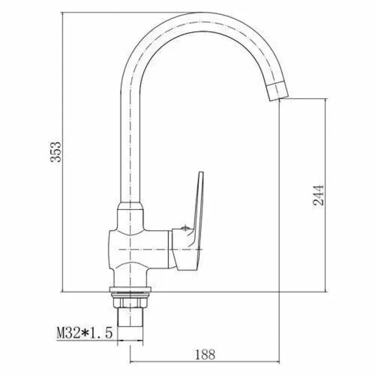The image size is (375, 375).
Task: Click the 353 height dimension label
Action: point(56,152)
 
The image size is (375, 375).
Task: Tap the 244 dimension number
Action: point(319,195)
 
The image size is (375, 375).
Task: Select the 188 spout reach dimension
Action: point(205,355)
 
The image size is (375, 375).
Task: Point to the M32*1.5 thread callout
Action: point(84,333)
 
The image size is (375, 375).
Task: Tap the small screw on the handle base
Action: point(185,228)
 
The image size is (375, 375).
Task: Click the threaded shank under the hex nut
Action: point(130,317)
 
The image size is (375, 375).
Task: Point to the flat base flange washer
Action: point(130,289)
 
